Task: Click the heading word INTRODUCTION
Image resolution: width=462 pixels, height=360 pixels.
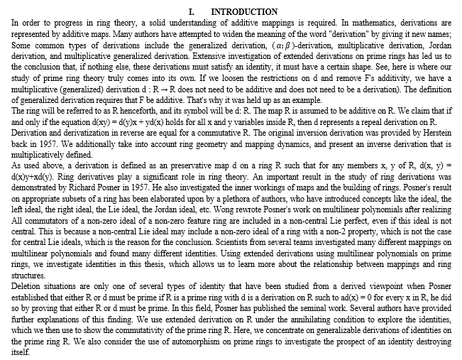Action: pyautogui.click(x=244, y=12)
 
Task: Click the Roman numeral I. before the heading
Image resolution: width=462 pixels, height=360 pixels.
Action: pyautogui.click(x=192, y=12)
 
